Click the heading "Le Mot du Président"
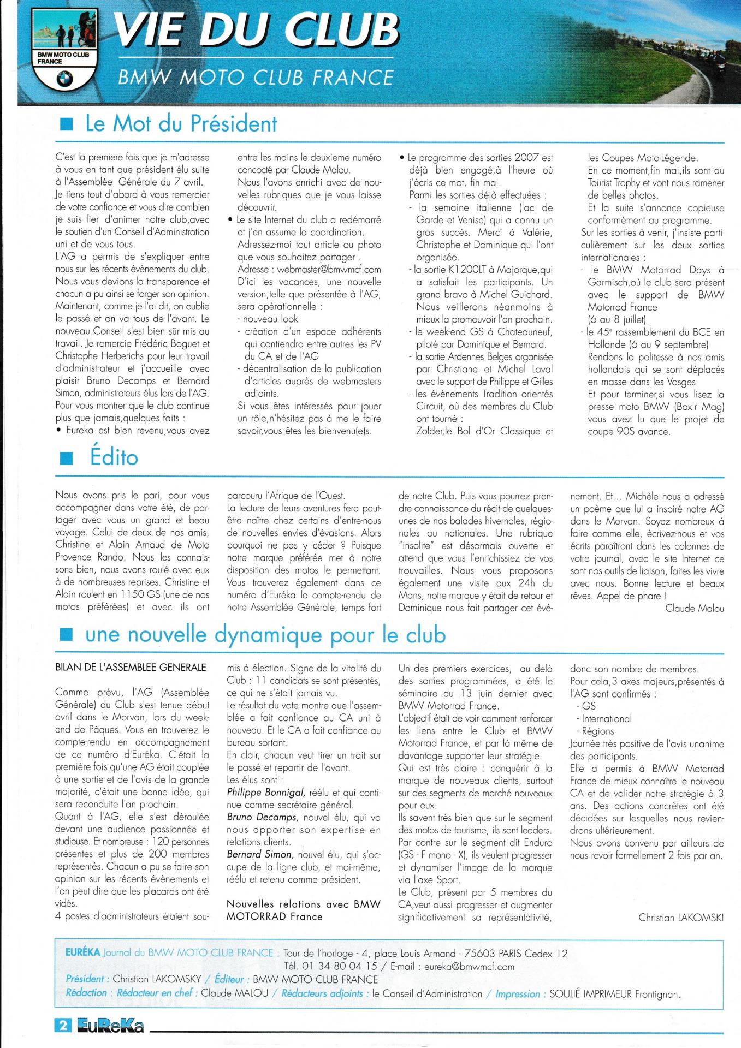[181, 124]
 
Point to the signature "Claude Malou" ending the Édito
[695, 609]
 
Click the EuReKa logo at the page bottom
[110, 1026]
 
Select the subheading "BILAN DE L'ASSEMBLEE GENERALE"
[131, 668]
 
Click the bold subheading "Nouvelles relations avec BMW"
[304, 904]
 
